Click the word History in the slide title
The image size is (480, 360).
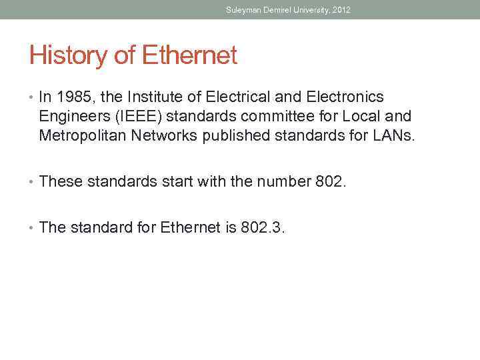pos(68,56)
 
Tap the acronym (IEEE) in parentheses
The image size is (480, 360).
pos(139,117)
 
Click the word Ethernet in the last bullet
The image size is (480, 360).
pos(191,227)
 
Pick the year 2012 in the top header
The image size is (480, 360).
pos(341,10)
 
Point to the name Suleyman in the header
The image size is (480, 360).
pos(242,10)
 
